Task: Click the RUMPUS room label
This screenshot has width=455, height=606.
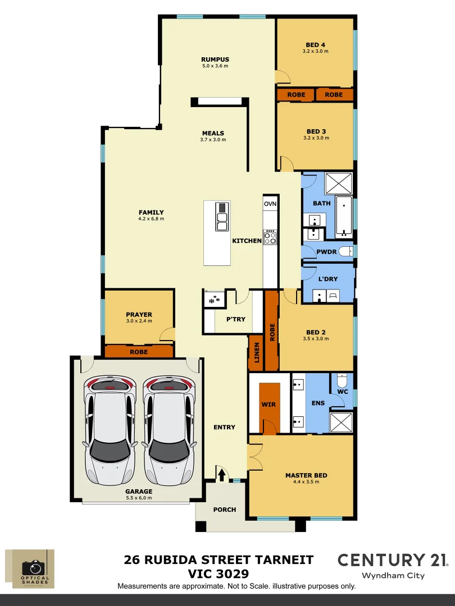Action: tap(215, 59)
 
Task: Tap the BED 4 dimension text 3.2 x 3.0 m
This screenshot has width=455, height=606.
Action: tap(315, 51)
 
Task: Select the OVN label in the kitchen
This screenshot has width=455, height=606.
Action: tap(270, 204)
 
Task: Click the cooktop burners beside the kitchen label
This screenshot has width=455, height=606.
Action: tap(270, 237)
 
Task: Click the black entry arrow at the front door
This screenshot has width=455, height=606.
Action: tap(221, 475)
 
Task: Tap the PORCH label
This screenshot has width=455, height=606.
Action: tap(225, 509)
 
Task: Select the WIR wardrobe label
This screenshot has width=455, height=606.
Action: tap(269, 404)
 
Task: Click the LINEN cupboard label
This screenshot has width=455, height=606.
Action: tap(256, 352)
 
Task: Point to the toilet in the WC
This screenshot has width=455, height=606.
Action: tap(342, 382)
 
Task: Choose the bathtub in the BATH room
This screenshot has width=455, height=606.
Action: tap(343, 215)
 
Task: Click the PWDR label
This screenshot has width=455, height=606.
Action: tap(327, 252)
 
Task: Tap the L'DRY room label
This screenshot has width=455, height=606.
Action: tap(328, 279)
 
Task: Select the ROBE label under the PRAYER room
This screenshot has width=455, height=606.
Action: tap(139, 352)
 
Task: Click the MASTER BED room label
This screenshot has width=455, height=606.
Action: tap(306, 475)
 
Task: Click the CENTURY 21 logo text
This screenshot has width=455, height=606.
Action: tap(392, 559)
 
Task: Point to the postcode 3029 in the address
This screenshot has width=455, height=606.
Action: tap(230, 574)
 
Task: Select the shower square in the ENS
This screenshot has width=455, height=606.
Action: tap(342, 422)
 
